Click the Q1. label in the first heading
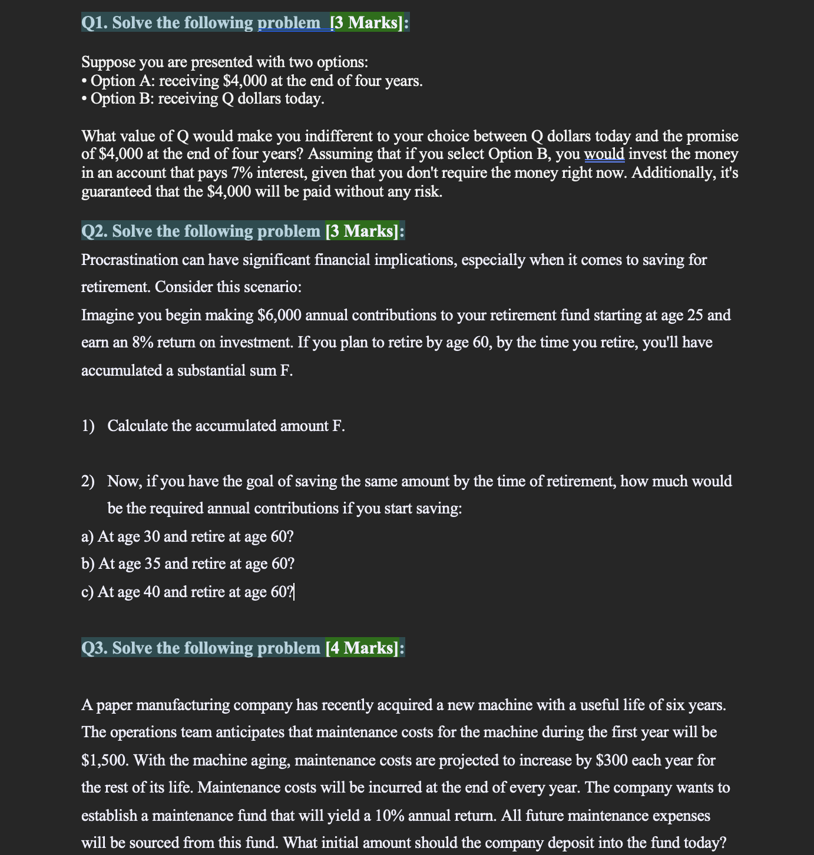pos(95,23)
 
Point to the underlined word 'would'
pos(604,154)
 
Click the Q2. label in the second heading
pos(95,231)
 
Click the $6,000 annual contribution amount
pos(280,316)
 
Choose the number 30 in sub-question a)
pos(151,536)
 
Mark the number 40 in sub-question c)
pos(151,592)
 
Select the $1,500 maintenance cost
pos(104,760)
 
